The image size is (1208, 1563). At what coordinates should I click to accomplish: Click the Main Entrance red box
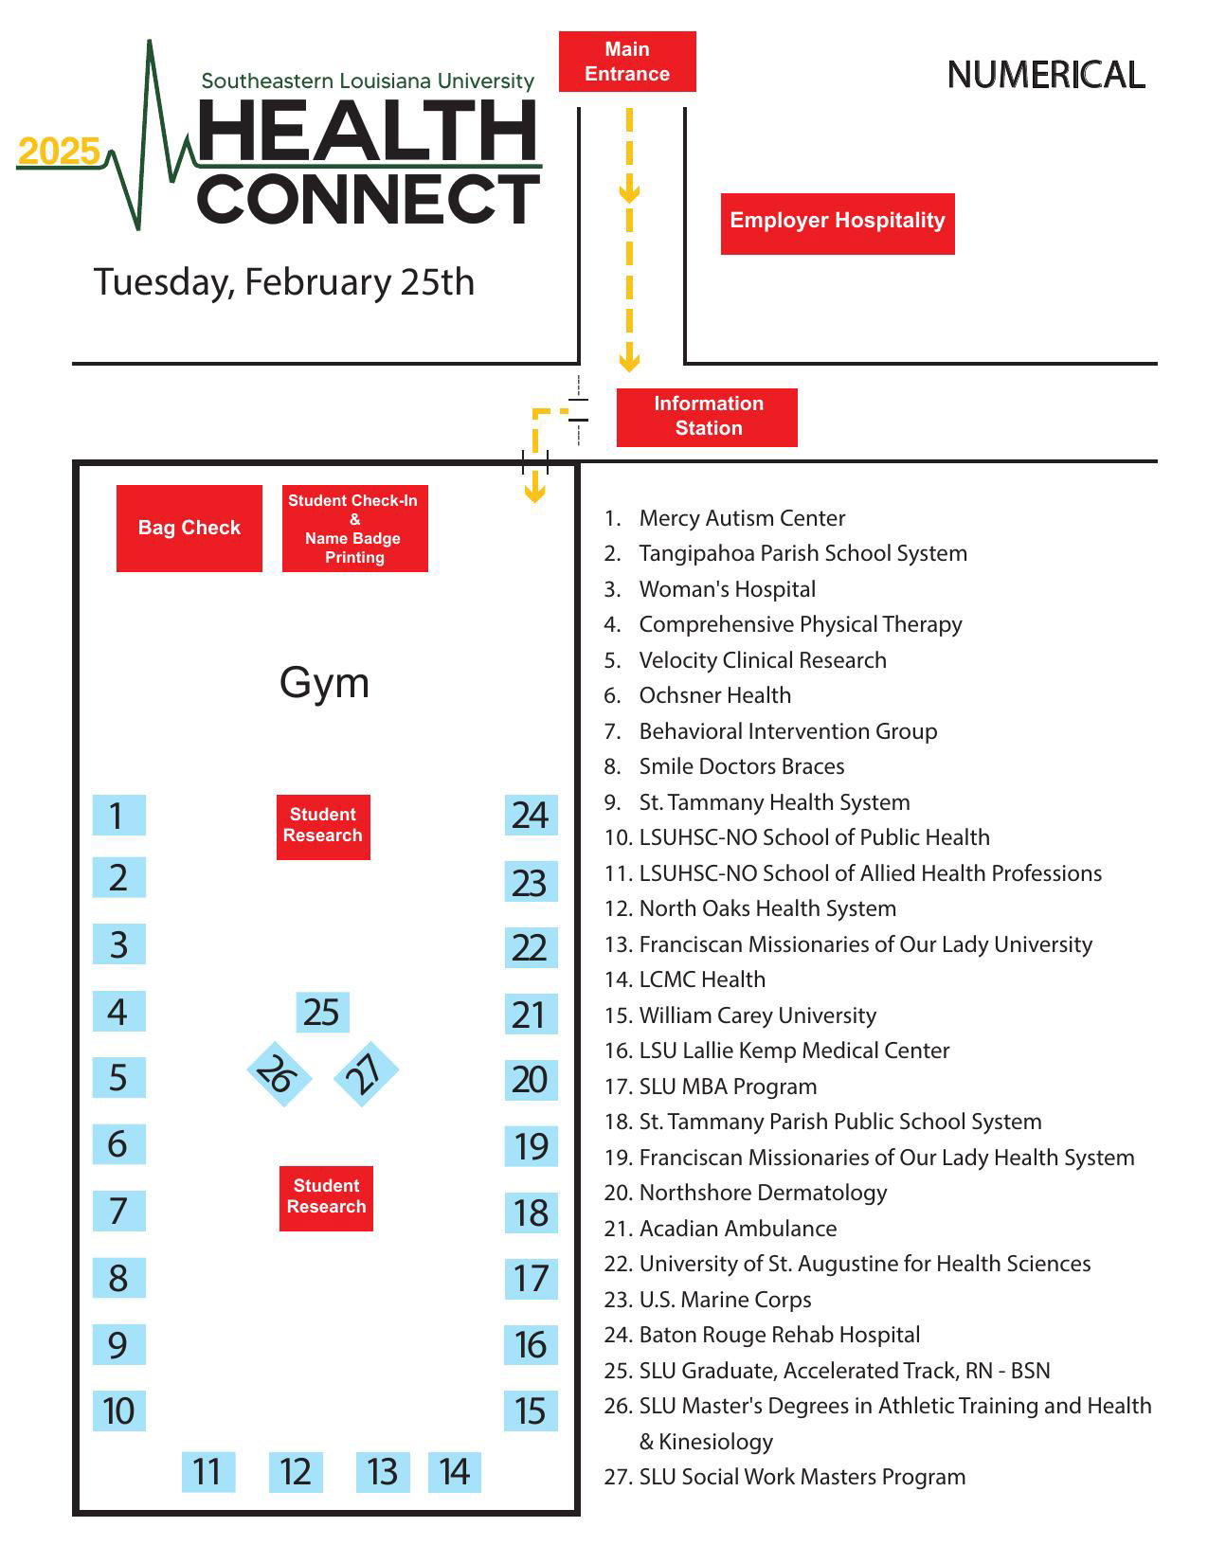click(x=627, y=62)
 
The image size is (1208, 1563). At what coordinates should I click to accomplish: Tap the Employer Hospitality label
click(x=838, y=224)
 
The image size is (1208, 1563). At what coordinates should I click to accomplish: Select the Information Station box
click(x=707, y=417)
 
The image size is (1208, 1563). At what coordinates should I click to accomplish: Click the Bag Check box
click(x=189, y=529)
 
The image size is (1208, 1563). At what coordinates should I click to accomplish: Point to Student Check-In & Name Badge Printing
click(x=355, y=529)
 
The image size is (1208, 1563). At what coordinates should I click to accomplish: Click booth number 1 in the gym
click(x=118, y=815)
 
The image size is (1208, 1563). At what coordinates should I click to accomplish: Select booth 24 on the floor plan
click(x=531, y=815)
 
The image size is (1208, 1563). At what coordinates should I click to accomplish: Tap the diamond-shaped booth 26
click(x=279, y=1074)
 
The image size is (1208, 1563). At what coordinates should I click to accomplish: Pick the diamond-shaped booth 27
click(x=366, y=1073)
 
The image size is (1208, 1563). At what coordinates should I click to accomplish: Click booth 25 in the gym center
click(x=322, y=1013)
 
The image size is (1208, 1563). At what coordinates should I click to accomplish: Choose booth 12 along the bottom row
click(x=296, y=1472)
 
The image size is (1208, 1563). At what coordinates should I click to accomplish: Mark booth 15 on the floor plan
click(x=531, y=1411)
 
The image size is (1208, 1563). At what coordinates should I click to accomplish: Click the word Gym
click(x=324, y=683)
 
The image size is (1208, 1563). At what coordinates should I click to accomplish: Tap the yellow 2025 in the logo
click(x=59, y=152)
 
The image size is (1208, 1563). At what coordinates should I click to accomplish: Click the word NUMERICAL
click(x=1046, y=76)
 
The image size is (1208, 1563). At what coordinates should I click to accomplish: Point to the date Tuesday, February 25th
click(x=283, y=282)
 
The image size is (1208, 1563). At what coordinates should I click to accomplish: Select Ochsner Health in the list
click(x=714, y=695)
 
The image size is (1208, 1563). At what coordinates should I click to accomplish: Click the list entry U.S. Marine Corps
click(x=725, y=1300)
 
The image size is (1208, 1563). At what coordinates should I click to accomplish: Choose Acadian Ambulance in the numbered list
click(x=737, y=1229)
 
